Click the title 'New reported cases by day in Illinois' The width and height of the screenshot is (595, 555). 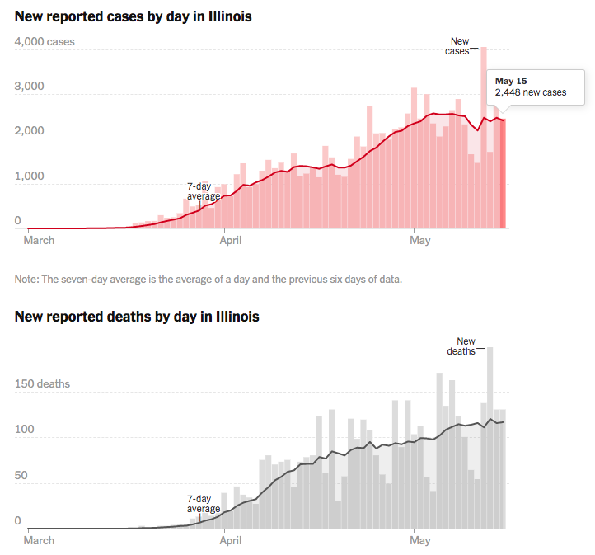point(133,16)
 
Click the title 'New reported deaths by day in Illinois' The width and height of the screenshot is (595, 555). point(137,317)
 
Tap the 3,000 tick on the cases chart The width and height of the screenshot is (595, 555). point(30,87)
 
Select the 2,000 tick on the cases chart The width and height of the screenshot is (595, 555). point(30,132)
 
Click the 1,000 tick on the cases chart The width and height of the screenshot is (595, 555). point(30,176)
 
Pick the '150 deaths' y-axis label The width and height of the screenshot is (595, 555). point(42,383)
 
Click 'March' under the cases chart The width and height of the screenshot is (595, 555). point(39,241)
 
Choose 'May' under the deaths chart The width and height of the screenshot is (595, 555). point(420,541)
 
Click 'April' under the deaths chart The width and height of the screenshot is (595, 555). point(236,541)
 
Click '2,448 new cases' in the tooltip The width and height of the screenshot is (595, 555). point(531,92)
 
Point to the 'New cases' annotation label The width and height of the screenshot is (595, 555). point(458,45)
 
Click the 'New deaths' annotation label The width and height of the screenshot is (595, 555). point(466,346)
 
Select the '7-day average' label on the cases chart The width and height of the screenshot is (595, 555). point(204,191)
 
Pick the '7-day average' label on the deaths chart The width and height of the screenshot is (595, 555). point(204,504)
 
